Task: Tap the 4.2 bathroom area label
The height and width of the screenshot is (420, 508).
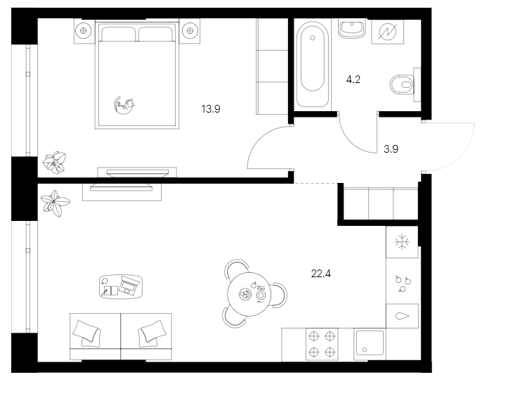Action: tap(353, 79)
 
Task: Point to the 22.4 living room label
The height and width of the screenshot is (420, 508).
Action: tap(320, 273)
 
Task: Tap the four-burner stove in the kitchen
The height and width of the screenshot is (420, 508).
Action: tap(321, 344)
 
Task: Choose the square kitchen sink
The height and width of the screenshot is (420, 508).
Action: tap(370, 345)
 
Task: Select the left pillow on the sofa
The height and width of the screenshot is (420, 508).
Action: tap(87, 331)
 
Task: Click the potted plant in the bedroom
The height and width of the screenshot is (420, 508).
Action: tap(53, 163)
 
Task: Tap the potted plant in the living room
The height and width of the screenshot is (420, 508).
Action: tap(55, 203)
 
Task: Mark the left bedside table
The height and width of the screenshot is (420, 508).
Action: tap(84, 30)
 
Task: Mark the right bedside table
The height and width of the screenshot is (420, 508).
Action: tap(189, 30)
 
